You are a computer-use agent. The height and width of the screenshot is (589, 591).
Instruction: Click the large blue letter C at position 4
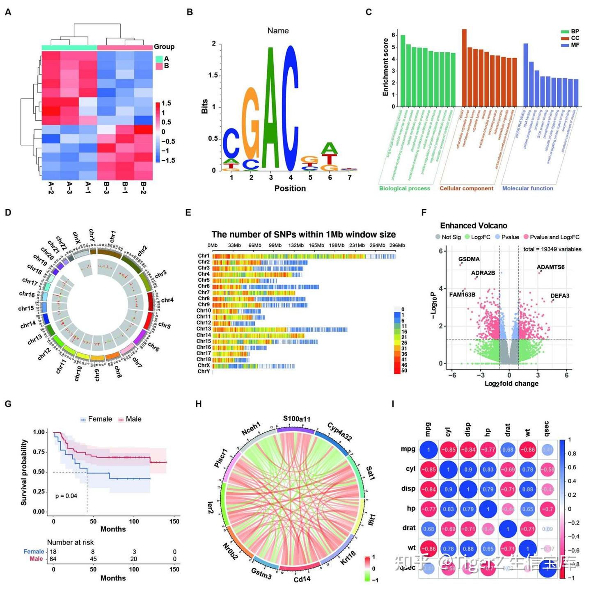tap(291, 109)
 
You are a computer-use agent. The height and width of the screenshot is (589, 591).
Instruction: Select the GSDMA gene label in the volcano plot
tap(469, 259)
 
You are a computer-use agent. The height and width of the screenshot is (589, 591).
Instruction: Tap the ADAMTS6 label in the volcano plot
tap(550, 267)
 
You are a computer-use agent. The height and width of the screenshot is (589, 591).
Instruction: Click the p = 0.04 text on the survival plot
tap(66, 496)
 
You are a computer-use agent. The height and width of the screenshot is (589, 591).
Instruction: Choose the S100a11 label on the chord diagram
tap(297, 419)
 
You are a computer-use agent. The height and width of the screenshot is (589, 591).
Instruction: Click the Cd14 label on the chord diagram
tap(302, 579)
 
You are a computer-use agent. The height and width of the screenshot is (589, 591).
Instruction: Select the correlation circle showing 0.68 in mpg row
tap(508, 450)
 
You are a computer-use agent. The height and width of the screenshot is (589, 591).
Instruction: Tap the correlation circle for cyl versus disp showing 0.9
tap(468, 469)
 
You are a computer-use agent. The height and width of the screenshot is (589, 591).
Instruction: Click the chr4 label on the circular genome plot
tap(167, 300)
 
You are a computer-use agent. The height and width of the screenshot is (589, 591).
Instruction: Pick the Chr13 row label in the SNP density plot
tap(204, 329)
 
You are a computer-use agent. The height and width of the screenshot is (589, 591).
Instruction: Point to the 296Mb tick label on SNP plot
tap(397, 245)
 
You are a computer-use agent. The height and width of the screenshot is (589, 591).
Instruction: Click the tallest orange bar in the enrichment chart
tap(464, 68)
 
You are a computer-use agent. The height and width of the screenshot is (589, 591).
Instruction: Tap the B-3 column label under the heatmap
tap(106, 188)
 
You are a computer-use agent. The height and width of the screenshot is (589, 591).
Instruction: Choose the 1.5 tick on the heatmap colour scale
tap(166, 103)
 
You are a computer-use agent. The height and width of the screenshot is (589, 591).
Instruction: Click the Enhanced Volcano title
tap(473, 226)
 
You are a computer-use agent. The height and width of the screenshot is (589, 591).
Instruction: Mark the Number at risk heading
tap(70, 542)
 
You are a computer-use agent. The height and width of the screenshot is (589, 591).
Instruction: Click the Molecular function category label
tap(527, 188)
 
